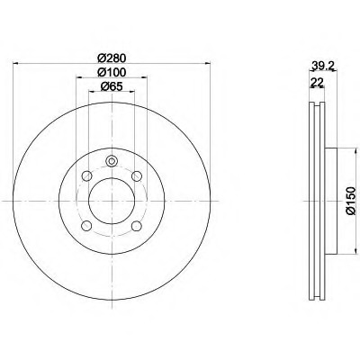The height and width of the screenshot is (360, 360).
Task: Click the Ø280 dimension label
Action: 112,58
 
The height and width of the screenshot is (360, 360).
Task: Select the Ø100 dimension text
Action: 112,72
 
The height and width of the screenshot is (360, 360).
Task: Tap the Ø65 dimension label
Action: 112,86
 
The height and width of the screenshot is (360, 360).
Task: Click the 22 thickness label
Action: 317,81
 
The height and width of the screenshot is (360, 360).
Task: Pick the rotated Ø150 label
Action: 350,201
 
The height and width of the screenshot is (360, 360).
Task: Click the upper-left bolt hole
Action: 86,175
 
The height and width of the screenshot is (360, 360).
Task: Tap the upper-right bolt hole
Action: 137,175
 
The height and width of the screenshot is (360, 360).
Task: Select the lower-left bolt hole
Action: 86,226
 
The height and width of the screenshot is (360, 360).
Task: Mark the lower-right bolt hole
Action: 137,226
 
